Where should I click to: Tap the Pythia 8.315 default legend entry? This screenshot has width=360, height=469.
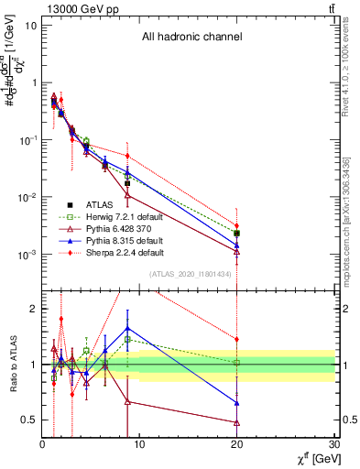click(x=124, y=240)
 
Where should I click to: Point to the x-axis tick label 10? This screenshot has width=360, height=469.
click(x=139, y=444)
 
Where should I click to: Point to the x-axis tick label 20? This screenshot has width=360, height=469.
click(x=237, y=444)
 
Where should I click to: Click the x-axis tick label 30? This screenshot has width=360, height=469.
click(x=335, y=444)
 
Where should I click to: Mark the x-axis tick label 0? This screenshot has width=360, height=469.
click(x=42, y=444)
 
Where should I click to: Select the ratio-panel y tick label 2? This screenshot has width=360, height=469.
click(x=33, y=309)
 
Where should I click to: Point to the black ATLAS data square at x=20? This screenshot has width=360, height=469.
click(x=237, y=234)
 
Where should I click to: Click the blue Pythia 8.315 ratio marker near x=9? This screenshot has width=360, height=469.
click(x=127, y=327)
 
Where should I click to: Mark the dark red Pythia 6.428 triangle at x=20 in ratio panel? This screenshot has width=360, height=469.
click(x=237, y=422)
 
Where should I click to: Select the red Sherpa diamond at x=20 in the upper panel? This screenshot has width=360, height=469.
click(x=237, y=225)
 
